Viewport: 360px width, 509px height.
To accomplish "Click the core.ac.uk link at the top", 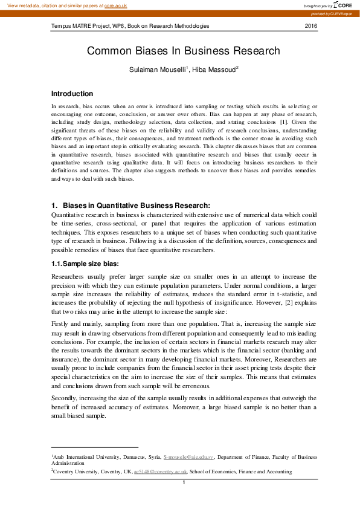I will tap(115, 5).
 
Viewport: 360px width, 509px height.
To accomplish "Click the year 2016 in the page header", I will tap(310, 26).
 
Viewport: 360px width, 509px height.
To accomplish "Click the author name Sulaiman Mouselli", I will tap(155, 71).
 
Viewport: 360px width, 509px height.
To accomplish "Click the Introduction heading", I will tap(72, 94).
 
